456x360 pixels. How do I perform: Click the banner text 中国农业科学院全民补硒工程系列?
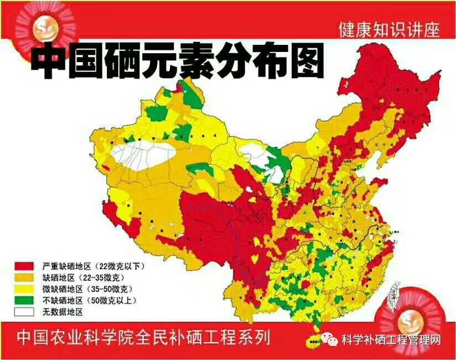point(143,337)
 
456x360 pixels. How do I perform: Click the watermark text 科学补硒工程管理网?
point(391,340)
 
